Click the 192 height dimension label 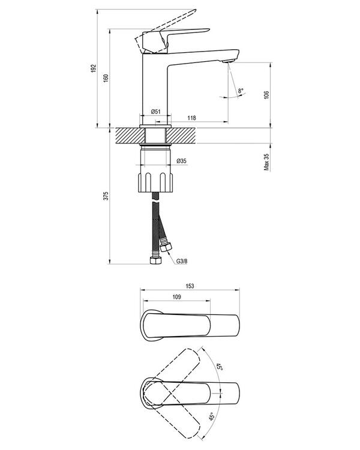coord(94,68)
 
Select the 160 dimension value coord(106,78)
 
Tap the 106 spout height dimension coord(266,95)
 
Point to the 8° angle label coord(240,91)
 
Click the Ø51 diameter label coord(155,112)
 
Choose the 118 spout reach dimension coord(191,118)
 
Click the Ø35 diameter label coord(181,161)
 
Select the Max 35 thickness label coord(266,162)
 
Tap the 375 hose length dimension coord(106,196)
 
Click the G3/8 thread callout coord(182,261)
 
